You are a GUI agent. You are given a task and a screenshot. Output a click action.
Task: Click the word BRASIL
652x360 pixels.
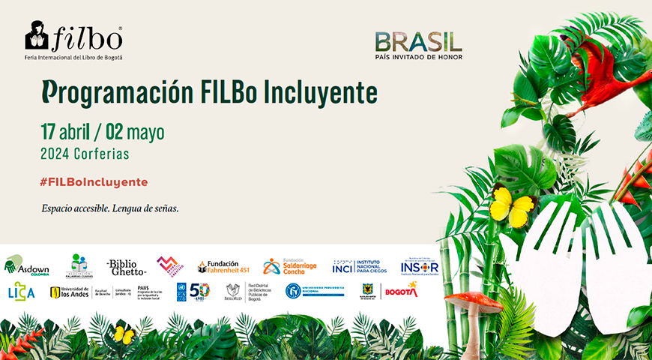click(418, 41)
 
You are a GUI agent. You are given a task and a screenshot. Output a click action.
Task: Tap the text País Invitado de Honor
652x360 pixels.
click(418, 57)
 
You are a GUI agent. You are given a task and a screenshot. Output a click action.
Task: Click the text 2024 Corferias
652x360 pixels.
click(85, 154)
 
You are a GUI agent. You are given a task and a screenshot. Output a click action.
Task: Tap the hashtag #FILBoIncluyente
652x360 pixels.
click(94, 182)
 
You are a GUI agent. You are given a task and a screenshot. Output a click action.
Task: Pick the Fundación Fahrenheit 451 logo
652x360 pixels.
click(218, 266)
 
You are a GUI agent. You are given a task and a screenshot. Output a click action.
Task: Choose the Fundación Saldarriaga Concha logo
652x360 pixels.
click(291, 266)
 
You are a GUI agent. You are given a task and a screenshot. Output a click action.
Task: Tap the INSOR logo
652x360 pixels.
click(419, 267)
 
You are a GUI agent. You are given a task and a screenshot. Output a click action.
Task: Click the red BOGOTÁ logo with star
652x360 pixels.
click(401, 290)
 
